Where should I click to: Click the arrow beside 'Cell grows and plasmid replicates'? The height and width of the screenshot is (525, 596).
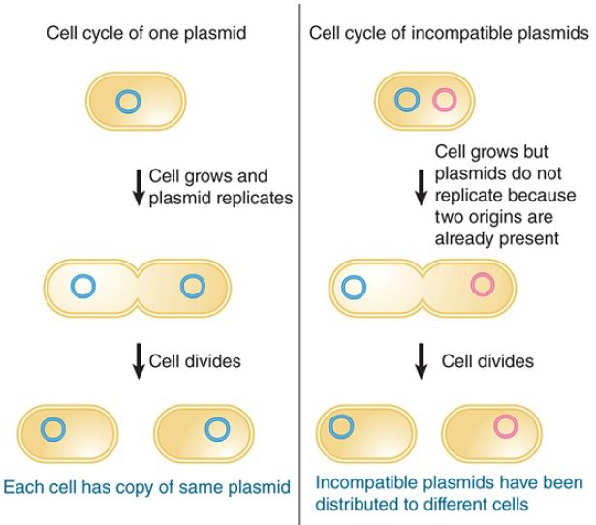[x=139, y=188]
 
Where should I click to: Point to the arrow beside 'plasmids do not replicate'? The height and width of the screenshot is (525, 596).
[x=421, y=188]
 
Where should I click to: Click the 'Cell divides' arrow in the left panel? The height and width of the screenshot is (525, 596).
[x=139, y=361]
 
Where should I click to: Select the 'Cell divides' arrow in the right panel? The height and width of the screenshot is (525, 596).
[x=421, y=361]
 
